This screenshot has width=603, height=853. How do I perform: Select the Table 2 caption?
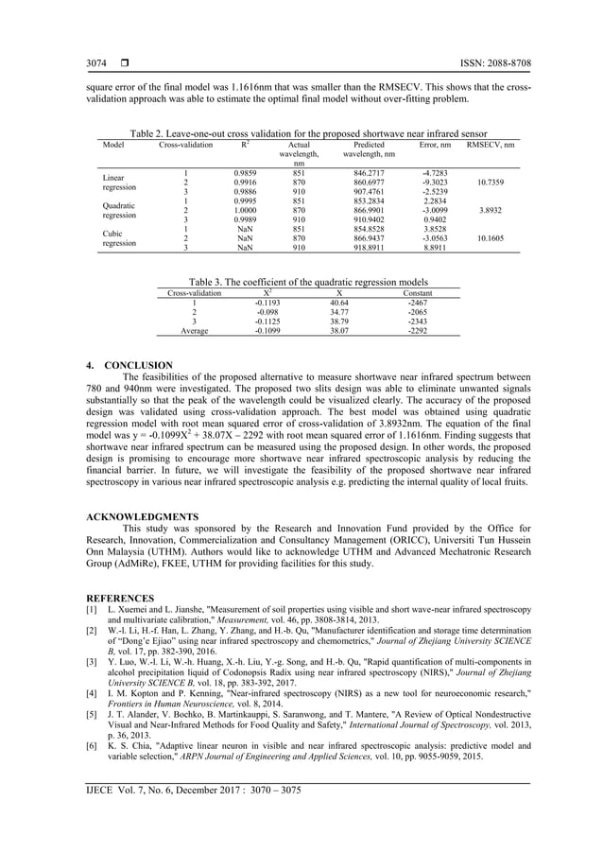301,133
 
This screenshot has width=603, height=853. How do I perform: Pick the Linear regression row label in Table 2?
118,182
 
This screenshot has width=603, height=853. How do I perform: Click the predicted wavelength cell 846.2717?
370,173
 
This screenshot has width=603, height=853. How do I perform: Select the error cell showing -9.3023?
438,182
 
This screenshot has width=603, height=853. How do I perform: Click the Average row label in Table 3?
194,332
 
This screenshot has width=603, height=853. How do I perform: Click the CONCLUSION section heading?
129,365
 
